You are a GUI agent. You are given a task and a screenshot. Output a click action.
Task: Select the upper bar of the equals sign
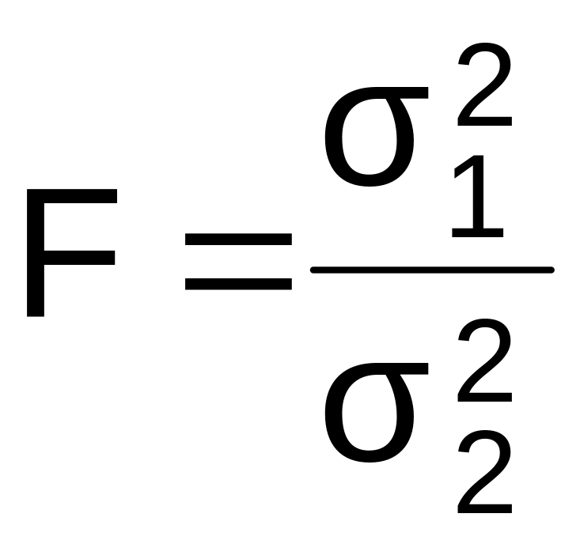click(238, 238)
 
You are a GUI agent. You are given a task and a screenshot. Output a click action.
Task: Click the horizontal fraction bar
click(431, 270)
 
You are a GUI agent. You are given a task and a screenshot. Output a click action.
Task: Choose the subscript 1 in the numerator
click(480, 198)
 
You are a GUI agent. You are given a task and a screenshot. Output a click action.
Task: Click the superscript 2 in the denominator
click(483, 353)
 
